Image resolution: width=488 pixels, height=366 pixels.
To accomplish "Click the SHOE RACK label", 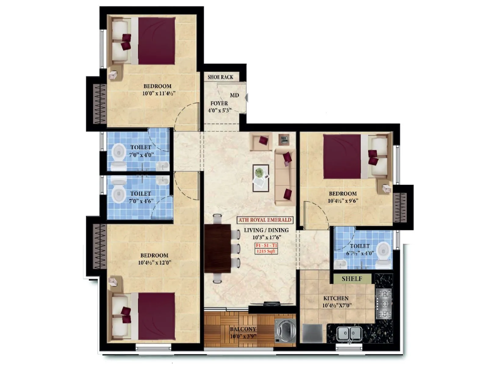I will pos(220,77).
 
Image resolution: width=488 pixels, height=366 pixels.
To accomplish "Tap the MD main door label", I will pos(234,95).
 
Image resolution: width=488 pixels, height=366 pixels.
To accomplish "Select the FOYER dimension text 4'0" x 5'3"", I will pos(220,110).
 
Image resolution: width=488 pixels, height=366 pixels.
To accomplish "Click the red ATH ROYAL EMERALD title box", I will pos(265,220).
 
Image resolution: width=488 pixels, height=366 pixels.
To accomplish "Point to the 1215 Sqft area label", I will pos(266,251).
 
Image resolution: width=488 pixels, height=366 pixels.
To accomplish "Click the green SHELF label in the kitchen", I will pos(352,279).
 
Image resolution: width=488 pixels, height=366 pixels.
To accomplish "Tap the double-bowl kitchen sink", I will pos(349,333).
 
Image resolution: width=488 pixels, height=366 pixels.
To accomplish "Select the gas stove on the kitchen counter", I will pos(384,304).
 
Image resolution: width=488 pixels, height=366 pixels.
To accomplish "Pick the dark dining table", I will pos(217,248).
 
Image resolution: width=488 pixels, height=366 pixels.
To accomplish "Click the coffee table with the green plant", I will pos(260,178).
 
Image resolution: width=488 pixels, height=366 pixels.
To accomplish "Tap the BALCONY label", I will pos(243,329).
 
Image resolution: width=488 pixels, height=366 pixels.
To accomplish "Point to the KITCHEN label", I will pos(336,298).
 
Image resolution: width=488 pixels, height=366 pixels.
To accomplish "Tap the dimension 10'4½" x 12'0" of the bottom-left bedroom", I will pos(155,262).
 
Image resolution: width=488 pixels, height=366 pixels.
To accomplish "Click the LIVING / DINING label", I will pos(266,230).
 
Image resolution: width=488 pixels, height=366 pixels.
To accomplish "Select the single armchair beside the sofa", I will pos(261,141).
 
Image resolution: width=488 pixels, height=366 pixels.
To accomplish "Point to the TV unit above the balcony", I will pos(271,304).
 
